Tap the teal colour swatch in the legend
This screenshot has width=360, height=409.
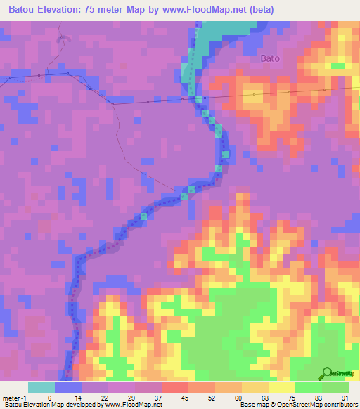click(41, 387)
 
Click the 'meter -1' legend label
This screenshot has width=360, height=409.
click(14, 398)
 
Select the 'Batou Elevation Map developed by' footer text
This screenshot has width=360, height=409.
click(53, 405)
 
